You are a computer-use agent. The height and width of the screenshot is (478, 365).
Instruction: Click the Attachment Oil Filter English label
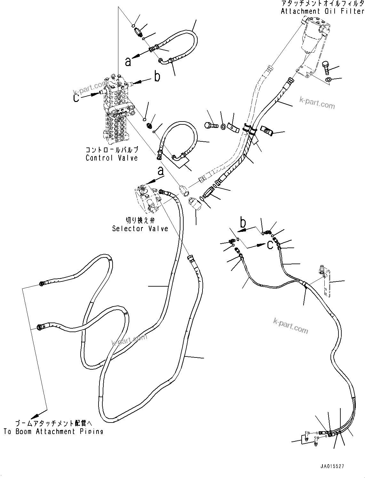click(322, 11)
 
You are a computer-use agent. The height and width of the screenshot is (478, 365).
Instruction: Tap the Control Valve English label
click(112, 158)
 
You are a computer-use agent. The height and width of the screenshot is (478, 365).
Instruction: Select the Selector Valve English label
click(140, 229)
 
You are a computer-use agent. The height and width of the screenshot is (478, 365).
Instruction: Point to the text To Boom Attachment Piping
click(53, 432)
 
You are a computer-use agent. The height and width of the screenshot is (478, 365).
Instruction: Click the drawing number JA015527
click(331, 466)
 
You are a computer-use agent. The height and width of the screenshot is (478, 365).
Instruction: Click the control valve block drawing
click(117, 109)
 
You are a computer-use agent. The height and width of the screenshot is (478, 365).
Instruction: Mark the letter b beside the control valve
click(157, 77)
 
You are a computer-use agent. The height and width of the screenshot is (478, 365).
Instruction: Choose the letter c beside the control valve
click(76, 97)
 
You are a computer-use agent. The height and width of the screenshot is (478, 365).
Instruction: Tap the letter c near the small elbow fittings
click(270, 245)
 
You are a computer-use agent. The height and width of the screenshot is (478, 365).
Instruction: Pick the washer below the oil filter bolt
click(329, 80)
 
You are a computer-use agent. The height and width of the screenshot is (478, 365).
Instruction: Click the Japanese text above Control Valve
click(112, 150)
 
